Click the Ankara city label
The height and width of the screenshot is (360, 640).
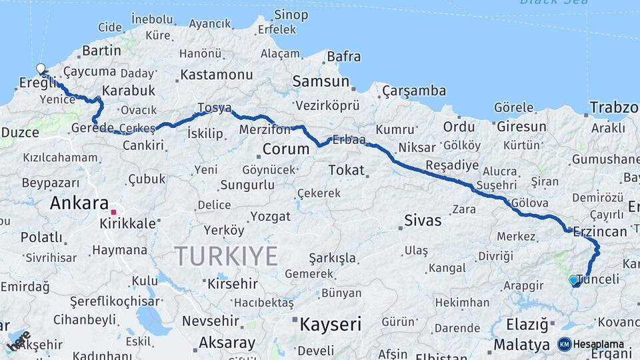(x=79, y=203)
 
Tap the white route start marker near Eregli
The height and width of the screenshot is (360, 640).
(x=41, y=69)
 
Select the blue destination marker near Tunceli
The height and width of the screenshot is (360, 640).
(x=573, y=281)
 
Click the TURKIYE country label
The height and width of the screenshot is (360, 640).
(x=226, y=255)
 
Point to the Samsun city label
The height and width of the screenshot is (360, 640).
(x=321, y=81)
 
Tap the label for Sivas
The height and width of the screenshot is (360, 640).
(x=423, y=220)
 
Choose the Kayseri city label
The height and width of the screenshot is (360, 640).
(x=330, y=325)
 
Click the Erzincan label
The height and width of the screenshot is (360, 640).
(x=599, y=231)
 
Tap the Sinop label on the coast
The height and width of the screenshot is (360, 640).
(x=291, y=15)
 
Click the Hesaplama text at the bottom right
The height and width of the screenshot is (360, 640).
(x=599, y=345)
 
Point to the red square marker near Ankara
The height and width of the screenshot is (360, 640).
(x=114, y=213)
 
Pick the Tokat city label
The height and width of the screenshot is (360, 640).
(x=346, y=170)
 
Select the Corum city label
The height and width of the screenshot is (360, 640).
(x=286, y=148)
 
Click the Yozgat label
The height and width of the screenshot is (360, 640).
(x=271, y=216)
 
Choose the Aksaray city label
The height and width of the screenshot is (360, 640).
(x=227, y=343)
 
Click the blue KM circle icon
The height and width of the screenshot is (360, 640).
(x=564, y=345)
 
